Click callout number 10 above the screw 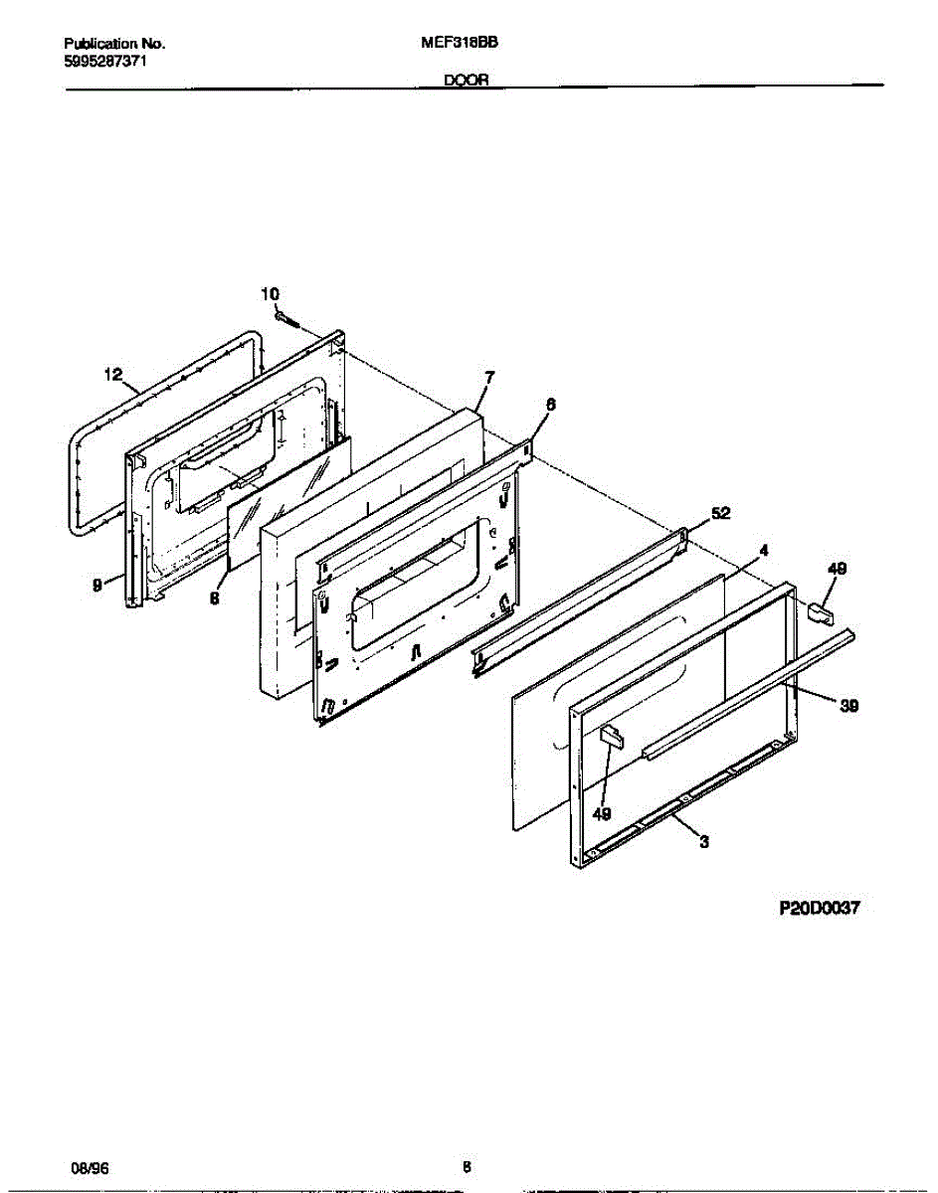270,293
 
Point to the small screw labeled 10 286,319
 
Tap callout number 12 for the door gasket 113,375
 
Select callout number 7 489,377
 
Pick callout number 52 720,513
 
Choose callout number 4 763,549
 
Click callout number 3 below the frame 704,843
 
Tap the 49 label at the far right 838,569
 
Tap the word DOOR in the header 466,85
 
